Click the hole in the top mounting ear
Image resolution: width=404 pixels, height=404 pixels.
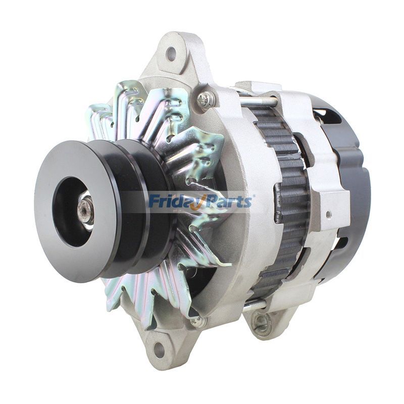171,52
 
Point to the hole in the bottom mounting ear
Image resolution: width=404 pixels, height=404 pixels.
160,348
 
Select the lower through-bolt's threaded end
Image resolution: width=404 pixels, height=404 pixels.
255,305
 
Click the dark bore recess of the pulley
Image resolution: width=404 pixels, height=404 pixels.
71,212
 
